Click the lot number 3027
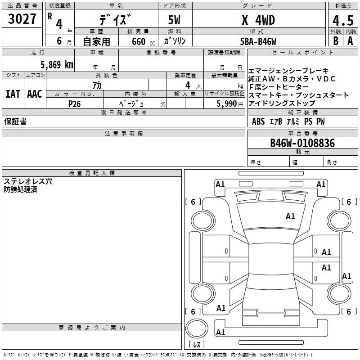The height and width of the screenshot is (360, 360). pos(22,19)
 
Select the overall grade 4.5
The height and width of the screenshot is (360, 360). pos(343,20)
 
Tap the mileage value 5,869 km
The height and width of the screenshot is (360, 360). pos(57,65)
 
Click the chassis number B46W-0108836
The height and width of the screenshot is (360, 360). pos(302,143)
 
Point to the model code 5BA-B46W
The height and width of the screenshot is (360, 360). pos(258,41)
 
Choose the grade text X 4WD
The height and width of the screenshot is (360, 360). pos(258,20)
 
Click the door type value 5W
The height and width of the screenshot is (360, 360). pos(174,20)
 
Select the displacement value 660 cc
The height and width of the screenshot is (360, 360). pos(143,42)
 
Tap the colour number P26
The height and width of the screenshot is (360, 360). pos(74,104)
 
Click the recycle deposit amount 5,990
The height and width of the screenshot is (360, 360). pos(227,104)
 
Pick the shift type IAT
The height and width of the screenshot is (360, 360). pos(13,94)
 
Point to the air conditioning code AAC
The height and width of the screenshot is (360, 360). pos(35,94)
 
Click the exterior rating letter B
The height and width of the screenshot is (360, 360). pos(336,41)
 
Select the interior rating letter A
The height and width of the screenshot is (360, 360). pos(350,41)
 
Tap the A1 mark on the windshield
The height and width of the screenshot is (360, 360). pos(290,216)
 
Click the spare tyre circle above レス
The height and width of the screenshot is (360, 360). pos(197,328)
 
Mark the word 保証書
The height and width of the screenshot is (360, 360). pos(15,121)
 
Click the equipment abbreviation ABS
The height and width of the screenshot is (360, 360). pos(258,121)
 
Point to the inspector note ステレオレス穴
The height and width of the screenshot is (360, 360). pos(28,181)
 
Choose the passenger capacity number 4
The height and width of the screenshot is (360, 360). pos(188,85)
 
